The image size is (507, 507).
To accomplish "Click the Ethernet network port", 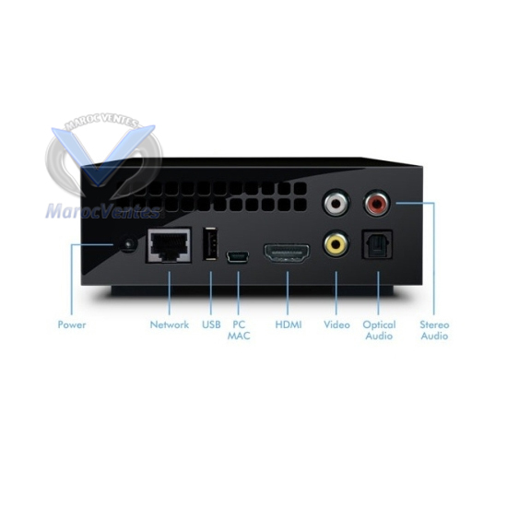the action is click(x=169, y=245).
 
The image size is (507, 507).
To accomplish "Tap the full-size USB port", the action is click(x=210, y=243).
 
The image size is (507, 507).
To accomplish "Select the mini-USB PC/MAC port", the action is click(x=238, y=257).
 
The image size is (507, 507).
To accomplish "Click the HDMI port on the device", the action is click(x=287, y=253).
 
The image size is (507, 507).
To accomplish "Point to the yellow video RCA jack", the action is click(x=336, y=243).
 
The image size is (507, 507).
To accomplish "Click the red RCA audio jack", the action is click(x=377, y=203).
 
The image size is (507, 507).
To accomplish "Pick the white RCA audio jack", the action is click(x=336, y=203).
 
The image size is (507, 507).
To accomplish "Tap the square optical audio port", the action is click(x=377, y=244).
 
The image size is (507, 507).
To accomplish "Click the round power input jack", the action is click(x=129, y=243).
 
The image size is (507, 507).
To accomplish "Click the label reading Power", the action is click(x=72, y=324).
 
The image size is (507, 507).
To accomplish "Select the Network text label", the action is click(x=170, y=324).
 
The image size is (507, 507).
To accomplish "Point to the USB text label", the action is click(x=211, y=324).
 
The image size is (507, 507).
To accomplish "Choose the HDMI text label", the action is click(x=289, y=324).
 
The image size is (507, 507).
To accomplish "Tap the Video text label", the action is click(x=336, y=324).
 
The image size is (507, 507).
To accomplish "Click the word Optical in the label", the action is click(x=379, y=325).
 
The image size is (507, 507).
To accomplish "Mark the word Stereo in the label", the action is click(x=434, y=324).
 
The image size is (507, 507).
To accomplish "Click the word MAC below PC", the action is click(x=239, y=336).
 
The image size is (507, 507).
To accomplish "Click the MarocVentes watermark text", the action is click(x=103, y=211).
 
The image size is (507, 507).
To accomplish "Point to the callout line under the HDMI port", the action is click(x=288, y=293).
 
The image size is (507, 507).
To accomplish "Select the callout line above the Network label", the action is click(x=169, y=293).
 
